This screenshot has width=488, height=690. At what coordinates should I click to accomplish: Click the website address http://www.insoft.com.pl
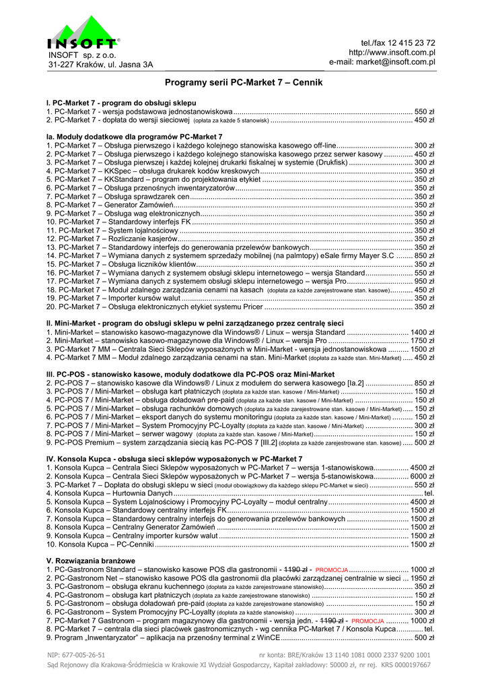coord(392,53)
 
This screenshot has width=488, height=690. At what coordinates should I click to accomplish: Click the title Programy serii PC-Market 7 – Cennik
coord(244,83)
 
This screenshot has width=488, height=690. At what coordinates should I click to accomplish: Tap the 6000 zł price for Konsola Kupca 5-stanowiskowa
coord(422,476)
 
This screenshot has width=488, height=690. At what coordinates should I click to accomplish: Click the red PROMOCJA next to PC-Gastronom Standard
coord(331,570)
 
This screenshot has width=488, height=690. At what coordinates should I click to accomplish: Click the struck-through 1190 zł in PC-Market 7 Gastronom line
coord(334,621)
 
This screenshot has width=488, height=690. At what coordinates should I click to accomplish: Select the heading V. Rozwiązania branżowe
coord(90,561)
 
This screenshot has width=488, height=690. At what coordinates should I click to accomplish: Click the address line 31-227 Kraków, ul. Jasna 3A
coord(100,65)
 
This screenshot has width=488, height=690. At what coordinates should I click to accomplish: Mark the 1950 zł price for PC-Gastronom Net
coord(422,578)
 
